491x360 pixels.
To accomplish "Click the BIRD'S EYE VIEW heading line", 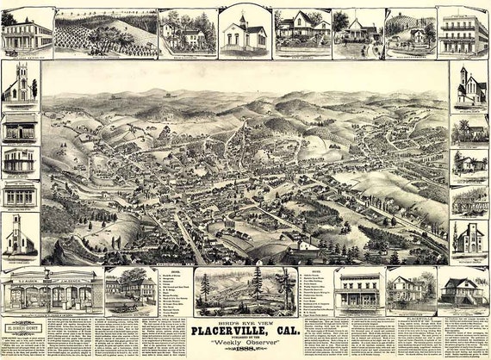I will [245, 319].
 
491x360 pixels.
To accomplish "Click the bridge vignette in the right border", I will [469, 200].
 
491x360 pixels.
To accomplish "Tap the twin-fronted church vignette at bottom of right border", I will [469, 237].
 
